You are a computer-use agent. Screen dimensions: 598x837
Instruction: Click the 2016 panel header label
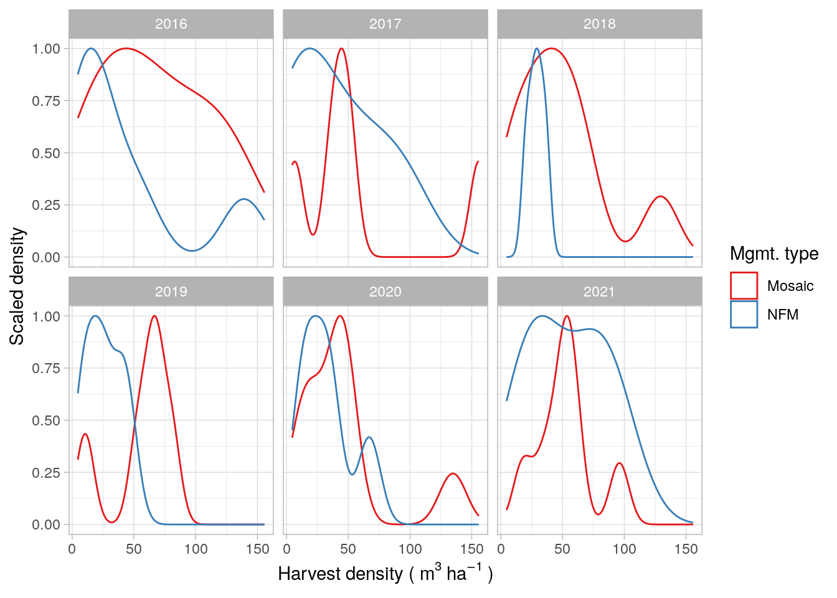pos(171,24)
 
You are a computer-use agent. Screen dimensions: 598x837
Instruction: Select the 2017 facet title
pos(385,24)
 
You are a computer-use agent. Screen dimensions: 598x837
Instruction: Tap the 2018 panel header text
pos(599,24)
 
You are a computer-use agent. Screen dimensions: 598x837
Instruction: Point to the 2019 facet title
pos(171,292)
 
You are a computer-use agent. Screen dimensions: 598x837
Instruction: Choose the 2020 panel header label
pos(385,292)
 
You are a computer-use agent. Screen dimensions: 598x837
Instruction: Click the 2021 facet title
pos(599,292)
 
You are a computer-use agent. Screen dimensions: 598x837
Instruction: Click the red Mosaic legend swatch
pos(744,286)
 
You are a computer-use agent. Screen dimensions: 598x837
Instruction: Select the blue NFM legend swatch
pos(744,315)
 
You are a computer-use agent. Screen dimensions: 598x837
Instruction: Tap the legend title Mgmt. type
pos(774,254)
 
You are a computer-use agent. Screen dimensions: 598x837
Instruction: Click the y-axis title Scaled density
pos(17,287)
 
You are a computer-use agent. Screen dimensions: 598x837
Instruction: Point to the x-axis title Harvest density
pos(385,574)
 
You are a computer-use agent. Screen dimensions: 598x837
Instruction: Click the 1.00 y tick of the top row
pos(46,49)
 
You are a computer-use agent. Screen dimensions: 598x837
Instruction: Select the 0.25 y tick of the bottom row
pos(46,472)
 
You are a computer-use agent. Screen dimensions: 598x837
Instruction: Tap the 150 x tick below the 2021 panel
pos(686,549)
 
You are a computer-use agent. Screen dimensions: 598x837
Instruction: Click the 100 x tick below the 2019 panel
pos(196,549)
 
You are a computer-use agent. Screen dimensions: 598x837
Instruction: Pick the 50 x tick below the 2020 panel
pos(348,549)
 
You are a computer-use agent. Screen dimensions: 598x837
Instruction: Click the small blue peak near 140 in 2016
pos(244,199)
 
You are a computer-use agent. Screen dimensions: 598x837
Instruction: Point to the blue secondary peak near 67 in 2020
pos(369,437)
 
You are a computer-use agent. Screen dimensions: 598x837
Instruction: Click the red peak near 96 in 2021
pos(619,463)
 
